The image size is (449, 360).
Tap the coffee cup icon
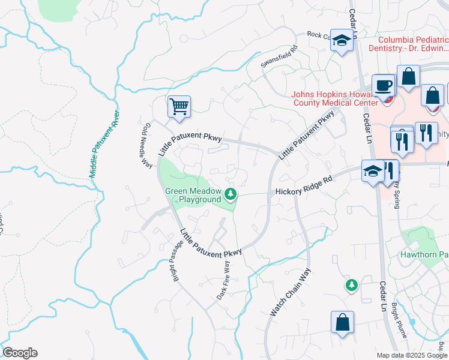click(x=382, y=86)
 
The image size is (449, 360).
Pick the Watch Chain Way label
click(x=290, y=292)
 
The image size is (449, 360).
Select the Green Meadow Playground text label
click(x=193, y=195)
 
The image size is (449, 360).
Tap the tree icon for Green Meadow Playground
click(x=231, y=194)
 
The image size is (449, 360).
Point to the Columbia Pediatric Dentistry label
click(x=409, y=43)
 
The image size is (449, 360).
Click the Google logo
click(x=20, y=353)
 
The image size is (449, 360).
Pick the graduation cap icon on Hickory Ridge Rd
click(x=372, y=171)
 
